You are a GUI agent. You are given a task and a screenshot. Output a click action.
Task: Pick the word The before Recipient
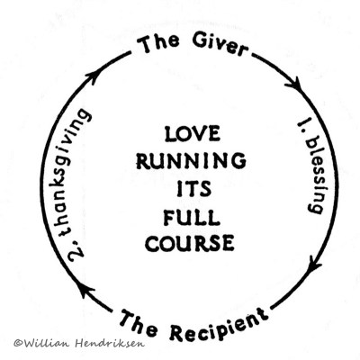click(139, 319)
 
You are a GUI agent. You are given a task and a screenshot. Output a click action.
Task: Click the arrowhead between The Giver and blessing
click(293, 84)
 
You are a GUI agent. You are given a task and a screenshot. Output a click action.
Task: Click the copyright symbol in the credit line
click(18, 342)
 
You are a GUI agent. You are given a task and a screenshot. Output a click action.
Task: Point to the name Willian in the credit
click(46, 342)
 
